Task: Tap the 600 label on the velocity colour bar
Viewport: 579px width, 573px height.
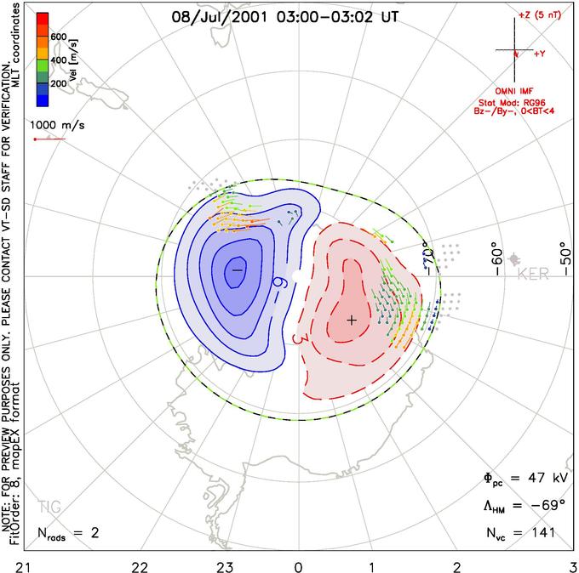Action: [x=58, y=37]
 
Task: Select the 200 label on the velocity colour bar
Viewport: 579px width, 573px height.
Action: [x=58, y=84]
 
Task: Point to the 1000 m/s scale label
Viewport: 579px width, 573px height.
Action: [x=59, y=124]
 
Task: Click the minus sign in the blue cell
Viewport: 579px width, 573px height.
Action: [x=237, y=269]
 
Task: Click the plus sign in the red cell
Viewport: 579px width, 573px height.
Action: [x=351, y=320]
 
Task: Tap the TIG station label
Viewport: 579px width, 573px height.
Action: [x=49, y=507]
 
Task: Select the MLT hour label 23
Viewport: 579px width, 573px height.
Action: [x=226, y=564]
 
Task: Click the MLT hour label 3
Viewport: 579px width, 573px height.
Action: [x=572, y=564]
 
